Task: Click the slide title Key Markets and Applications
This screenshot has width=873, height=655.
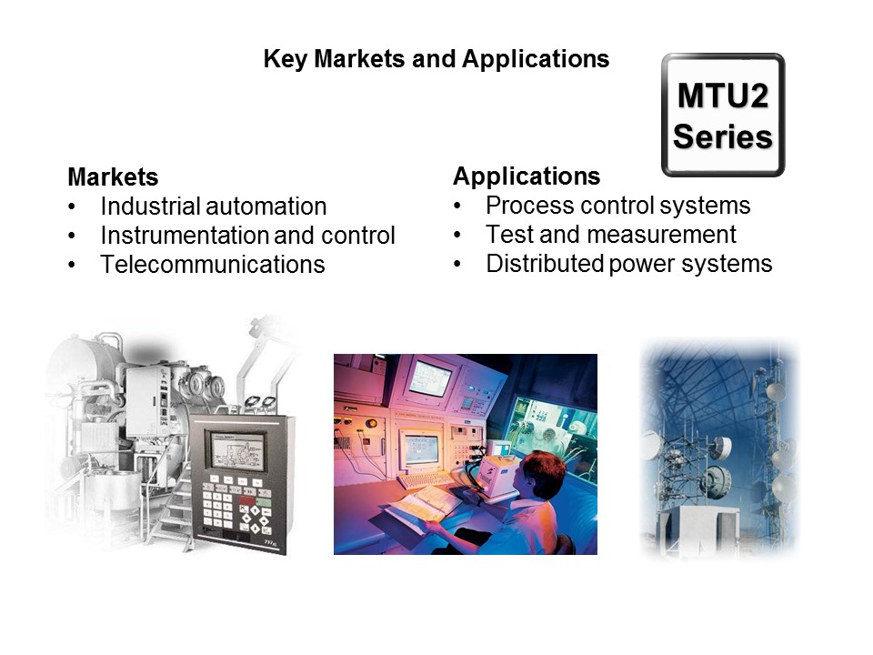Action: (x=436, y=60)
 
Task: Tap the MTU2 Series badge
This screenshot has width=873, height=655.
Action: (x=723, y=116)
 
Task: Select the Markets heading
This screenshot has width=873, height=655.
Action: (x=113, y=176)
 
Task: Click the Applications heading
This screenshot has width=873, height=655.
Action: (x=527, y=176)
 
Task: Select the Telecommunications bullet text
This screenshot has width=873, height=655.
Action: (x=212, y=265)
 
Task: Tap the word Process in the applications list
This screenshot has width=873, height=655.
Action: (x=525, y=205)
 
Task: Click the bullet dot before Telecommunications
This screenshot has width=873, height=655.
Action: (x=73, y=266)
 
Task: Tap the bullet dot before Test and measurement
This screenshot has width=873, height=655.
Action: (x=458, y=236)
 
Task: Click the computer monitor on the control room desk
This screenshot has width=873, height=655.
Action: (x=421, y=448)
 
